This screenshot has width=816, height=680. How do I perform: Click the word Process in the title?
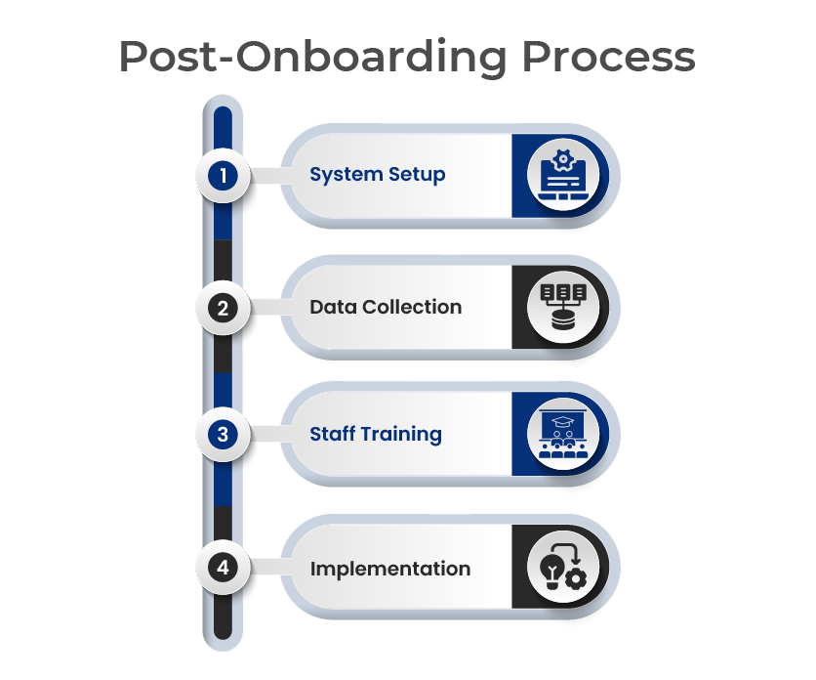coord(608,57)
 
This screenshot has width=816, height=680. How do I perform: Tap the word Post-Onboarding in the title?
coord(312,58)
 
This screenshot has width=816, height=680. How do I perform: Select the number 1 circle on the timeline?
coord(223,176)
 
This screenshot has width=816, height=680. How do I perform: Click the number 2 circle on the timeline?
coord(223,308)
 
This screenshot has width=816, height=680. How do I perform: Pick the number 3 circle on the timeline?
coord(223,435)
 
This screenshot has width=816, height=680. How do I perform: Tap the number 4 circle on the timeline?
coord(223,567)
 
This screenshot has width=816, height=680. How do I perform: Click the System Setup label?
coord(378,175)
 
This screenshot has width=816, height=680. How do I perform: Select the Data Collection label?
coord(386,307)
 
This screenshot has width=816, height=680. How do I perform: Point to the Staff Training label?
coord(376,434)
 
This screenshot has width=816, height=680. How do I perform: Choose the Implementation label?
coord(390,569)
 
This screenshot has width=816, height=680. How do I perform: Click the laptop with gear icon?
coord(563,175)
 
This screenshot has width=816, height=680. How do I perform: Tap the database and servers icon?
coord(563,307)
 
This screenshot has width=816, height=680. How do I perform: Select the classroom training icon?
coord(563,434)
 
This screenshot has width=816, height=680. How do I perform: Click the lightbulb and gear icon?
coord(563,567)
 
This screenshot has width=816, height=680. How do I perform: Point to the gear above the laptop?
coord(563,160)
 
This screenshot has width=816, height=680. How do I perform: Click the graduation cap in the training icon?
coord(562,421)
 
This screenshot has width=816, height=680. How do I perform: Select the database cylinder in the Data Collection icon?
coord(563,319)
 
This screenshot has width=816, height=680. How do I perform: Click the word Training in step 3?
coord(401,435)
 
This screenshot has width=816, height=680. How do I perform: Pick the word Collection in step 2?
coord(412,307)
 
